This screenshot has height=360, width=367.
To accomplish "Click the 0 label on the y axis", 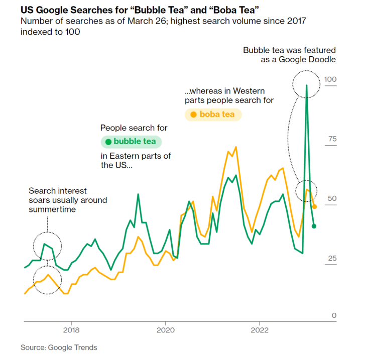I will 333,315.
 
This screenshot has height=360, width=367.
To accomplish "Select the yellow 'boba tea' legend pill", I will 213,114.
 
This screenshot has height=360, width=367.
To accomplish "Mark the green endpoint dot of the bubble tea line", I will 314,226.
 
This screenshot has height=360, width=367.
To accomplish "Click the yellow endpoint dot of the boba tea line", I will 315,206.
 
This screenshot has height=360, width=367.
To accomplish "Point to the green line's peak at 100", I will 306,85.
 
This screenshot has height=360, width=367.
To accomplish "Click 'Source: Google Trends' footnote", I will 59,347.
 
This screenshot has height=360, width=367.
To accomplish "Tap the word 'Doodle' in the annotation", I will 323,60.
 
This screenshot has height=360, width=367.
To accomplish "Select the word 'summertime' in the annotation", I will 52,209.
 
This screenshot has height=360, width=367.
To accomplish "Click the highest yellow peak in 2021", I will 236,147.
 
